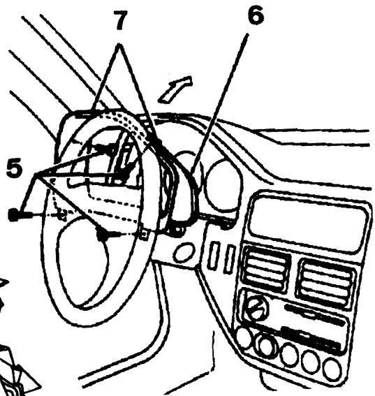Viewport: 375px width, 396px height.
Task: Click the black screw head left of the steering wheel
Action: (x=13, y=215)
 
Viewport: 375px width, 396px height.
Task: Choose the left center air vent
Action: (x=265, y=271)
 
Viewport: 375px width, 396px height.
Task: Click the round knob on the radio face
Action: (x=256, y=305)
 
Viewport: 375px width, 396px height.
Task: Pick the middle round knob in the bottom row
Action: (x=288, y=354)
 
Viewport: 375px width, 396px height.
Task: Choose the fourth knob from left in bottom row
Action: (x=311, y=362)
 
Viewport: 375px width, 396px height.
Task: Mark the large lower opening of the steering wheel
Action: (x=98, y=276)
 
